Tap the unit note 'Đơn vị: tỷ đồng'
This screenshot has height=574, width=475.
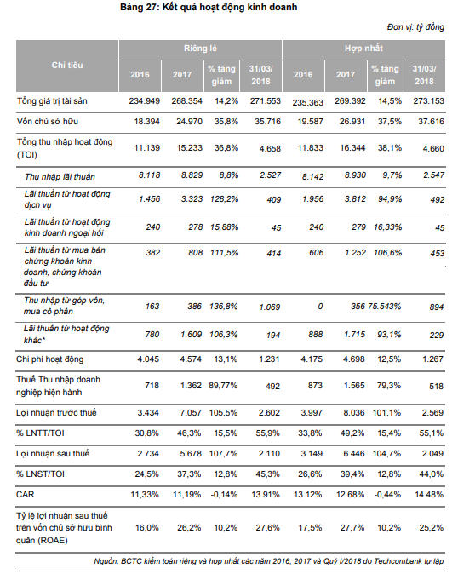point(415,27)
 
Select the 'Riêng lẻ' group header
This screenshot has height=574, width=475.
point(200,49)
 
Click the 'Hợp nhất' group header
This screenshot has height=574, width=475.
point(363,49)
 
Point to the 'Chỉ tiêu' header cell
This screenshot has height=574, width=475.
point(67,66)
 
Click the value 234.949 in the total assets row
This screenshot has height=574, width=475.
point(144,101)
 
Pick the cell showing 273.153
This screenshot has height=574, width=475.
point(428,101)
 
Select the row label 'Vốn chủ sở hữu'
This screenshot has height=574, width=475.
point(48,122)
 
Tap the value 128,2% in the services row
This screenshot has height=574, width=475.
point(224,199)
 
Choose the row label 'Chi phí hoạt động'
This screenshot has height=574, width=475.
point(49,359)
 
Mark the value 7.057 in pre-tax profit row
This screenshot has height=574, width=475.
point(191,412)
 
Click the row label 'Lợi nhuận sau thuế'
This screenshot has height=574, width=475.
point(53,454)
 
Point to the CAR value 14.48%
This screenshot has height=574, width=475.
point(429,495)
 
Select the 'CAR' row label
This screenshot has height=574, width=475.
point(26,495)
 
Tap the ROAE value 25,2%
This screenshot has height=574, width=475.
point(431,527)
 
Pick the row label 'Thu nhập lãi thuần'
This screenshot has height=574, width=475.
point(60,177)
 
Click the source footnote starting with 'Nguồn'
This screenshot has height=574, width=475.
point(269,561)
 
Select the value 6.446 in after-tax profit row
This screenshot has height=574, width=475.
point(354,454)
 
